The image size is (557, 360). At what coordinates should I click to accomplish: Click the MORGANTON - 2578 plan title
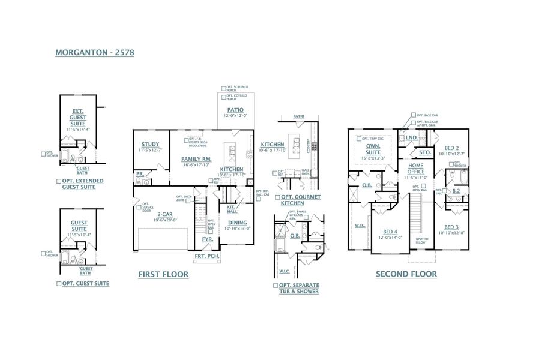tap(94, 52)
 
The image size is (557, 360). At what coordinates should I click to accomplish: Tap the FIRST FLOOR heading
tap(163, 274)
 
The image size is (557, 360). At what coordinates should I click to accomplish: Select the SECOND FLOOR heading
tap(406, 274)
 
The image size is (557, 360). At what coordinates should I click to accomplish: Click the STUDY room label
tap(150, 144)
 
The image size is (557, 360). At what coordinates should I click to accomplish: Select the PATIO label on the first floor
tap(235, 109)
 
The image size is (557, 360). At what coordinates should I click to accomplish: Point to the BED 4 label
tap(390, 232)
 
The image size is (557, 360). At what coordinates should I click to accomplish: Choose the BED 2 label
tap(452, 148)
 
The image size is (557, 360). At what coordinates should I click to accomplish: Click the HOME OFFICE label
tap(416, 169)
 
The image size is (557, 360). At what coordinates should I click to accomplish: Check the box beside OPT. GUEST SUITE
tap(58, 283)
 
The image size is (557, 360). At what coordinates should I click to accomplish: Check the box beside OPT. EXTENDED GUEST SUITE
tap(58, 181)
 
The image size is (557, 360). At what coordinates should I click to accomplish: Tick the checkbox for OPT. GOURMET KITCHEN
tap(277, 197)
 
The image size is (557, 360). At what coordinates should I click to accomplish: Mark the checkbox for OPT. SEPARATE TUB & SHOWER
tap(275, 285)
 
